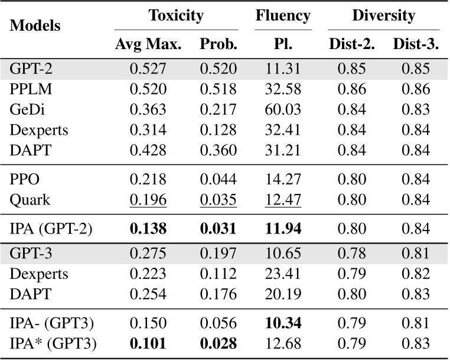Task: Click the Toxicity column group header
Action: point(176,16)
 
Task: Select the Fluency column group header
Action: point(283,16)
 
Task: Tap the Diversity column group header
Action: point(383,16)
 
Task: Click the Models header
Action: point(36,27)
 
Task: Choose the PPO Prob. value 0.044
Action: point(219,180)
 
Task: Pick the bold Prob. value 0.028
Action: point(219,342)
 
